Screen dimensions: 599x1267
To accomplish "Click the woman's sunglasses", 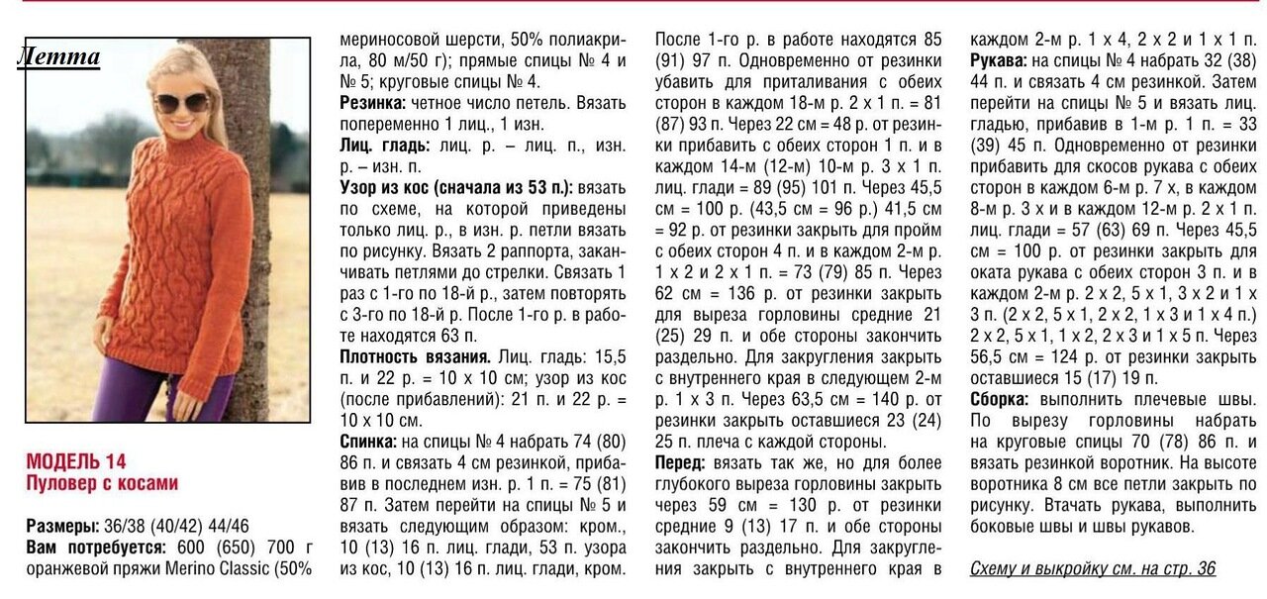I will (180, 101).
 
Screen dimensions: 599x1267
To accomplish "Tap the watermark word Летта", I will (59, 56).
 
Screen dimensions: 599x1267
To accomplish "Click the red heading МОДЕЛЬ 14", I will (76, 461).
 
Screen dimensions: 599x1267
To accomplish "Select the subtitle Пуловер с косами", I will (102, 483).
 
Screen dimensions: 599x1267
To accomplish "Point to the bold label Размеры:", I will (61, 526).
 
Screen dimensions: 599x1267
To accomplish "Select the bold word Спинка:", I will (368, 442).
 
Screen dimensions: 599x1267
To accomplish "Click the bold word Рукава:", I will (998, 61).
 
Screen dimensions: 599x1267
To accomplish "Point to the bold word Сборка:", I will (999, 399).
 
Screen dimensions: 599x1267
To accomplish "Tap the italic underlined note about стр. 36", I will (1092, 568).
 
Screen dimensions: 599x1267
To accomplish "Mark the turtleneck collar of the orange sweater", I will (194, 140).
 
